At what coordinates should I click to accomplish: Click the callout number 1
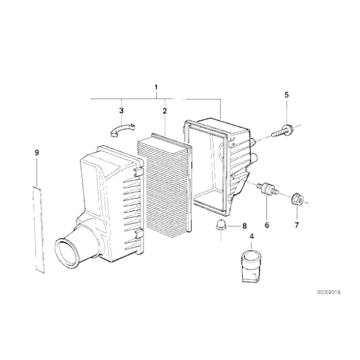point(156,88)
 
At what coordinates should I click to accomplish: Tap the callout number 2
point(164,111)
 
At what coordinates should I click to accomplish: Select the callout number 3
point(121,110)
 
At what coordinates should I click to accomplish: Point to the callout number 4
point(252,236)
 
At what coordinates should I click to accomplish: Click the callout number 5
point(287,95)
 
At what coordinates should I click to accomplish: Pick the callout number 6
point(266,225)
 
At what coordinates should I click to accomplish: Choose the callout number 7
point(297,225)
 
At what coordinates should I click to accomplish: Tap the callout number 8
point(245,226)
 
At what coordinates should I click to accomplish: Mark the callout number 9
point(37,153)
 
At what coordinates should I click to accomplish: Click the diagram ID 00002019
point(329,292)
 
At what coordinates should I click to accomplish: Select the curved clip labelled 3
point(123,130)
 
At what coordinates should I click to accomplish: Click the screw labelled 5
point(282,131)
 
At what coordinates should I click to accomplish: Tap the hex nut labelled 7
point(297,199)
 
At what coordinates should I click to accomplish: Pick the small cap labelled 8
point(221,224)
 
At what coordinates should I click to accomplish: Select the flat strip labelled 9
point(38,229)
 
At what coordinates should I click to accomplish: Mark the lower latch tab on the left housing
point(139,234)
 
